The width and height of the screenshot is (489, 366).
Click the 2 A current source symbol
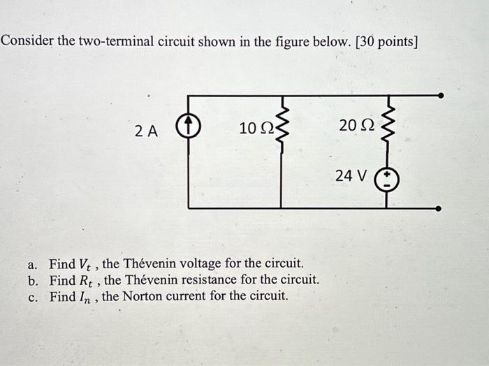tap(189, 129)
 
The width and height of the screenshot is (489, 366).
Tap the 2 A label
tap(147, 129)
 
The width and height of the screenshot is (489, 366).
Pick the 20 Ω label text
tap(356, 126)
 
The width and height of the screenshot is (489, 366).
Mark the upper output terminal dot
tap(439, 95)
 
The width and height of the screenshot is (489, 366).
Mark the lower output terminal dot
tap(439, 207)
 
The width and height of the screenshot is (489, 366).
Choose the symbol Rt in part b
tap(87, 281)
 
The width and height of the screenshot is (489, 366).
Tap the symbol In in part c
tap(86, 296)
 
